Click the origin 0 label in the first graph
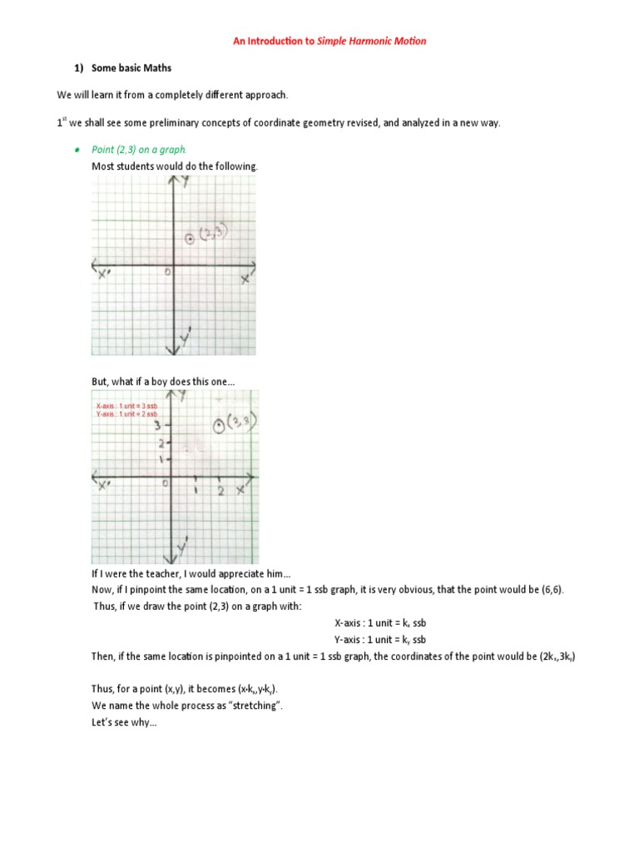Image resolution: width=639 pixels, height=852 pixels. (x=166, y=271)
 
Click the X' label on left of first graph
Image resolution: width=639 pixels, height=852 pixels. (x=104, y=275)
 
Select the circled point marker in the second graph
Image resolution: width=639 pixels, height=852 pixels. (x=218, y=426)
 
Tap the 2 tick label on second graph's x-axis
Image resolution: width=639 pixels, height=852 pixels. (x=220, y=491)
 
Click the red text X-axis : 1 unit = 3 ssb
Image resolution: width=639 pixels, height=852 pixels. (x=126, y=405)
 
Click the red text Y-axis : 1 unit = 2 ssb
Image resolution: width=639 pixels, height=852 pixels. (x=126, y=414)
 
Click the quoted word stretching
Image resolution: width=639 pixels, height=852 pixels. (x=255, y=706)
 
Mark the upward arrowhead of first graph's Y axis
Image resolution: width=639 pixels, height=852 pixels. (x=174, y=185)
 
